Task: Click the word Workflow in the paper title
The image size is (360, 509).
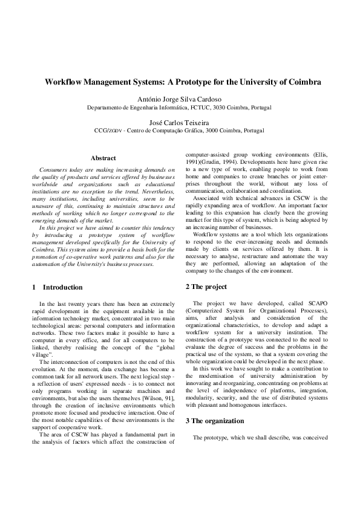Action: pos(63,81)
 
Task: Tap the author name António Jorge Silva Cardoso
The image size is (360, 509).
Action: pos(180,99)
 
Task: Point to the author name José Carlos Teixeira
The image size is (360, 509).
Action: pos(180,121)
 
